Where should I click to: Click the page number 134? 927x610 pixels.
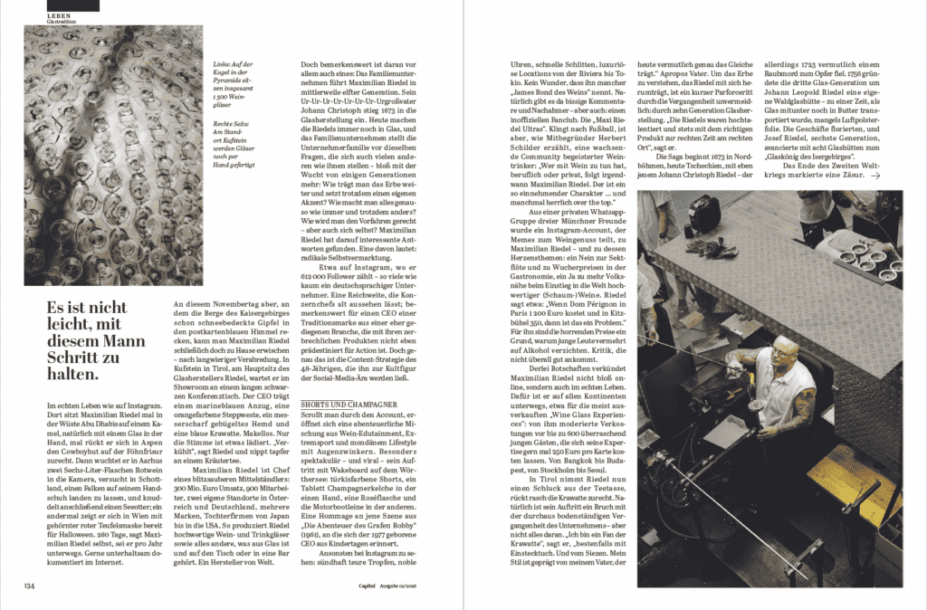pos(31,585)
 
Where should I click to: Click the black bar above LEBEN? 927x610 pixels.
pos(72,5)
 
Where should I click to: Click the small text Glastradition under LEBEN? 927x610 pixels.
pos(62,22)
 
